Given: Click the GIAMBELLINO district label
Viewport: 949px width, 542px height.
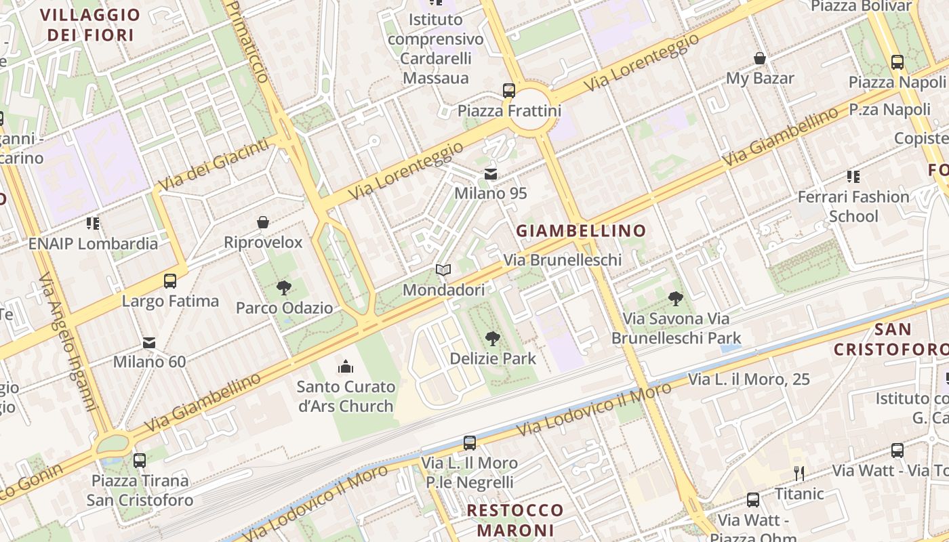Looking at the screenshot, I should click(581, 231).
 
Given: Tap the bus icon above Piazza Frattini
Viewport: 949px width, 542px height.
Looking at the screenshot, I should click(508, 91).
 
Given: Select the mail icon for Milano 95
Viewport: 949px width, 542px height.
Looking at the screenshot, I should click(491, 175).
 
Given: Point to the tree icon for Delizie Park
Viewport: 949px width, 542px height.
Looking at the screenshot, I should click(493, 339).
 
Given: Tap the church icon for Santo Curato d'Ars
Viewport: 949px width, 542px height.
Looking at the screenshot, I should click(346, 367).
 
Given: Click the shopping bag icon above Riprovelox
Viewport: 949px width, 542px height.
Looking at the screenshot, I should click(263, 223).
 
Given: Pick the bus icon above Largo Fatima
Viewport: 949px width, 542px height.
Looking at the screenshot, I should click(170, 281).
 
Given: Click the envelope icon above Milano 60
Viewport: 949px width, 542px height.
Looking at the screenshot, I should click(149, 343).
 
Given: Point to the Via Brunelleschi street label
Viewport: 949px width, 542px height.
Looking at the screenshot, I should click(562, 260).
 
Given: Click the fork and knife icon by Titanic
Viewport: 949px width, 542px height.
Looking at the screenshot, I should click(799, 473).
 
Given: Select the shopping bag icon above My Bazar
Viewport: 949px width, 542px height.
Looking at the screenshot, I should click(760, 59).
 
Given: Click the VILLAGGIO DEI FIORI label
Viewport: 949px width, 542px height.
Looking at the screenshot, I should click(90, 24).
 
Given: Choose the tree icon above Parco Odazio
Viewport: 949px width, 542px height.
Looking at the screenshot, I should click(284, 289).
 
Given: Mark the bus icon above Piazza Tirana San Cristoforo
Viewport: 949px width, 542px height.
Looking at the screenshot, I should click(140, 461).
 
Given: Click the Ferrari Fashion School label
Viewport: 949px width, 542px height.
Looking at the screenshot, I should click(853, 207).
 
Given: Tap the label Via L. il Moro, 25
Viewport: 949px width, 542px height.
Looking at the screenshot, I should click(749, 379).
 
